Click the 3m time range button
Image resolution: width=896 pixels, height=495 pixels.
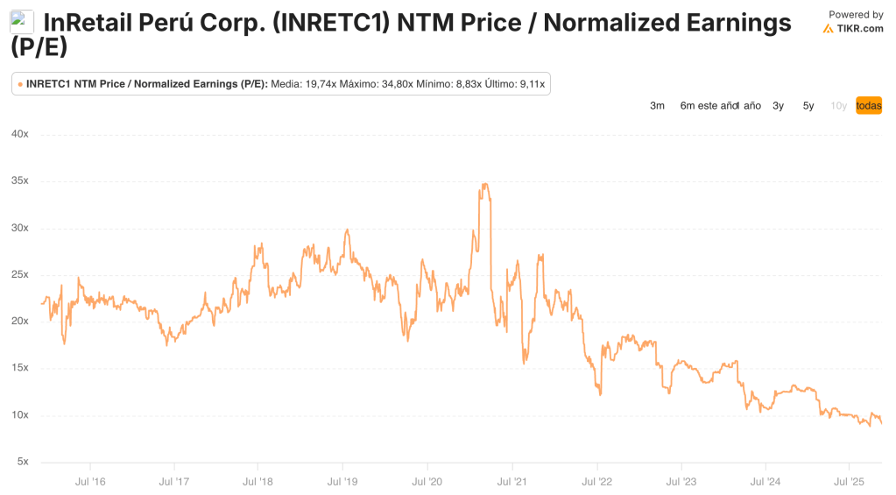point(657,106)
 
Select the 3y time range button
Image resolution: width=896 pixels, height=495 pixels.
point(778,106)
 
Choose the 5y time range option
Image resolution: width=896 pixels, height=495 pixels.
point(808,106)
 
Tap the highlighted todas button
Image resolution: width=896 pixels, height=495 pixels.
point(869,106)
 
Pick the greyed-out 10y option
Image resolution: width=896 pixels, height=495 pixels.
point(838,106)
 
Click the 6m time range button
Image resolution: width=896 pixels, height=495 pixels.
point(688,106)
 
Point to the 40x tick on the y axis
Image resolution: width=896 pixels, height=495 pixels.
point(19,134)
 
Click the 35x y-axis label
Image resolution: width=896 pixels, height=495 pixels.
point(19,180)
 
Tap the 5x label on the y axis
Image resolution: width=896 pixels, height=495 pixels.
point(22,462)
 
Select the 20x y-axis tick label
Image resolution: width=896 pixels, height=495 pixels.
point(19,321)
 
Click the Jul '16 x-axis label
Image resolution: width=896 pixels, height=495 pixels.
point(90,482)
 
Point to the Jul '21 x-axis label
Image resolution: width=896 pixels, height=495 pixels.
point(511,482)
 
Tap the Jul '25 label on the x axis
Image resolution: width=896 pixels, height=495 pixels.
point(849,482)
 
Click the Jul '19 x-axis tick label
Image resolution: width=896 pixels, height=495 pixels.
point(342,482)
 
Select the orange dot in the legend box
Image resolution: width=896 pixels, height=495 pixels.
point(20,84)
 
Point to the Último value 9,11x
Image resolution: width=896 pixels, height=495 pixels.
point(530,84)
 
